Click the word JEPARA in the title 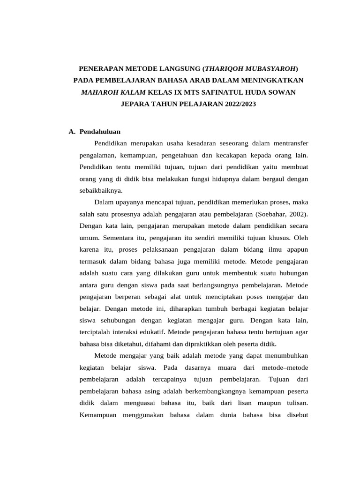pos(135,104)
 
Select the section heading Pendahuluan pos(100,132)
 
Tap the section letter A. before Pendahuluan pos(72,132)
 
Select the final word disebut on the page pos(296,415)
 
